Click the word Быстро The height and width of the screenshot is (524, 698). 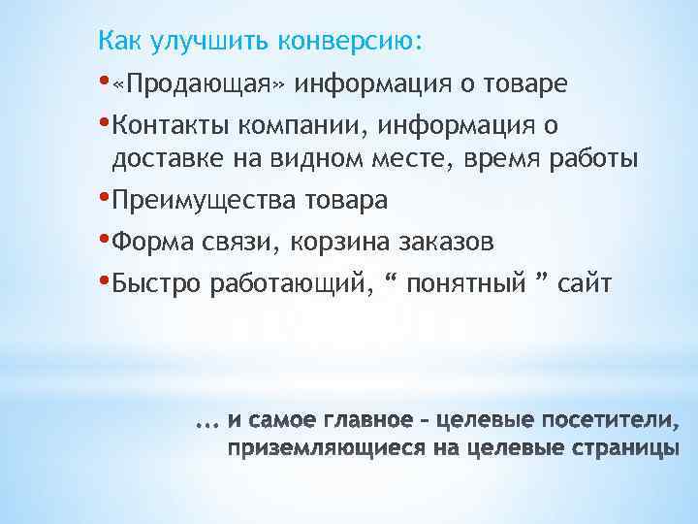click(155, 284)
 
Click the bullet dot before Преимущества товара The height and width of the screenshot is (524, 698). click(104, 197)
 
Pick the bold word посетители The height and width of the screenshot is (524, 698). click(613, 421)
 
